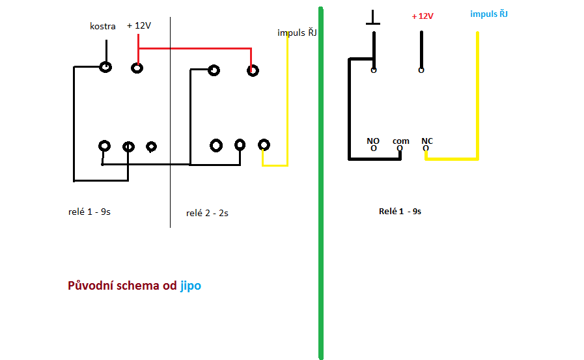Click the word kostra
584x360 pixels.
click(103, 27)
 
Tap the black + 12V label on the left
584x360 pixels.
click(139, 25)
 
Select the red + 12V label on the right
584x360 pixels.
click(423, 16)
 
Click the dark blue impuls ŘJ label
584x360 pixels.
click(297, 33)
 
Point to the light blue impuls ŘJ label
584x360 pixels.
click(489, 14)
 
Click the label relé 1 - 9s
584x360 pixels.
click(89, 212)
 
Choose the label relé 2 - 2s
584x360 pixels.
click(207, 213)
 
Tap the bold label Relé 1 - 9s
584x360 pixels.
click(400, 212)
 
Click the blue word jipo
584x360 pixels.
click(190, 286)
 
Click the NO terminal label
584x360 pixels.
click(373, 141)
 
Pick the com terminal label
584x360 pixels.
click(401, 141)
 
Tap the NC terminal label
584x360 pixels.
click(427, 141)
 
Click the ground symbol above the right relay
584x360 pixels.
click(373, 18)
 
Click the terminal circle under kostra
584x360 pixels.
click(105, 66)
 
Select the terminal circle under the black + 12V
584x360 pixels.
click(137, 67)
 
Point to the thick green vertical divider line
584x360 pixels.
click(321, 182)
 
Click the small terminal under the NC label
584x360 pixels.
click(426, 148)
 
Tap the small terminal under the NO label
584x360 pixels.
click(374, 148)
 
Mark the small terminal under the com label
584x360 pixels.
click(400, 148)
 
